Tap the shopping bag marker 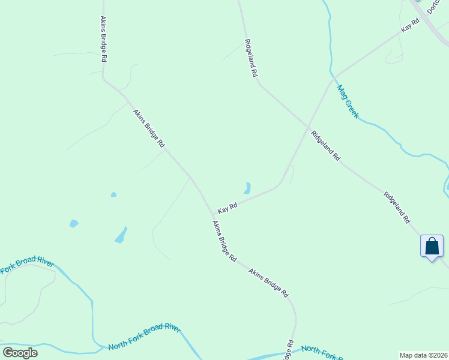click(432, 247)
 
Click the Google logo click(20, 353)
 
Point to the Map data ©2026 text click(423, 355)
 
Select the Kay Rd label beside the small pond click(228, 208)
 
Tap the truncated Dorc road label click(434, 7)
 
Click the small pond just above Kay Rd click(247, 188)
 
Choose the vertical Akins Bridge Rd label click(103, 39)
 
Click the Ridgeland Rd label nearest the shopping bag click(397, 208)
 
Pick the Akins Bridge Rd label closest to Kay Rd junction click(224, 240)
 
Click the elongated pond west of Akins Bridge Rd click(121, 235)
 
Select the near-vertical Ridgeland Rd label click(250, 58)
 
